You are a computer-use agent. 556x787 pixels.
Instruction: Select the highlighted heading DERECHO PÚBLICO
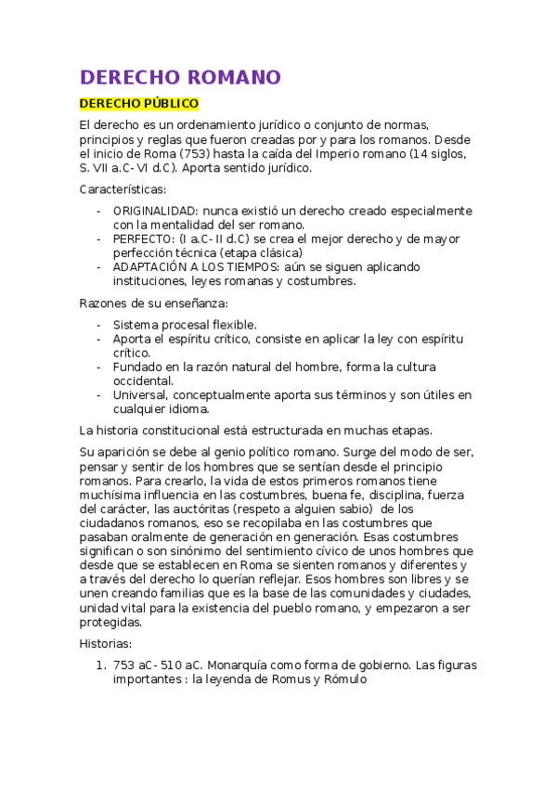pos(138,104)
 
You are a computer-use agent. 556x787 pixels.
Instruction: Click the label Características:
pos(123,189)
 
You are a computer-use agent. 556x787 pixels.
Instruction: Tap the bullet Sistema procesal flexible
pos(185,325)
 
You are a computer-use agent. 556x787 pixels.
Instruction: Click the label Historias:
pos(106,643)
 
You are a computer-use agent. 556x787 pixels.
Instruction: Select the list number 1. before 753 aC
pos(101,664)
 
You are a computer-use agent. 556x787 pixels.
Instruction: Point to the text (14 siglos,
pos(436,153)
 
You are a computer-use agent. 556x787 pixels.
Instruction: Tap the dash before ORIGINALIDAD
pos(99,211)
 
